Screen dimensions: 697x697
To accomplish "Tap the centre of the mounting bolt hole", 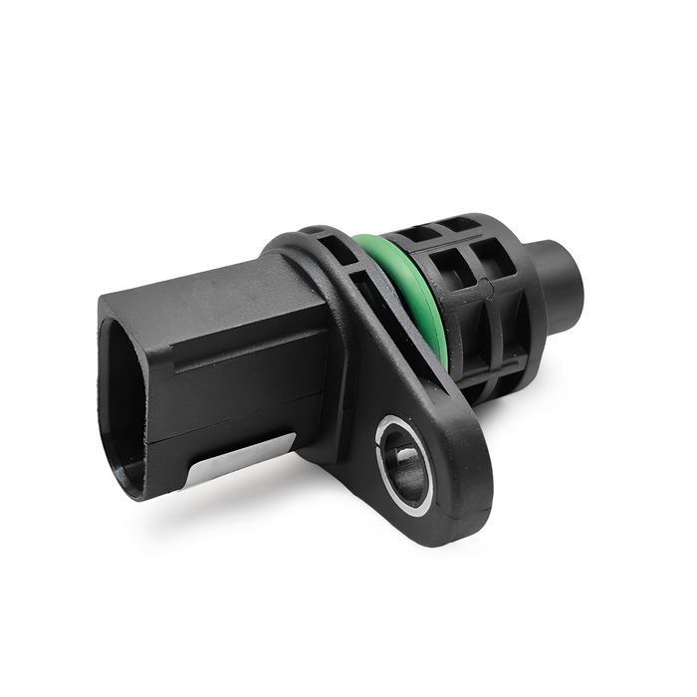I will (405, 464).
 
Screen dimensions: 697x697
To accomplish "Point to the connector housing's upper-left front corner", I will (104, 300).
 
